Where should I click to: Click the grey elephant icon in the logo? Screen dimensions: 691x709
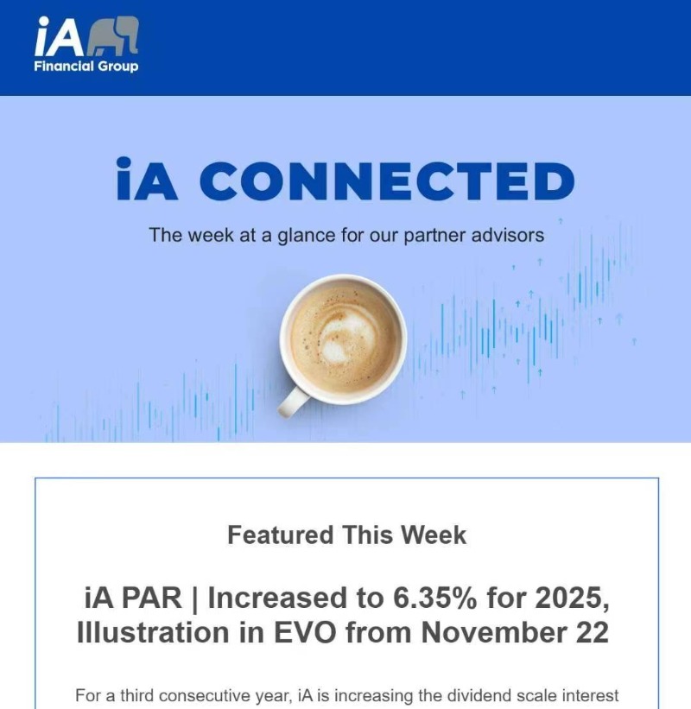pyautogui.click(x=112, y=36)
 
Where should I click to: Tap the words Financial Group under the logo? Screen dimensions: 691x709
pyautogui.click(x=86, y=66)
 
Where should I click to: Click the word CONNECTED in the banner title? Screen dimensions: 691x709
pyautogui.click(x=387, y=180)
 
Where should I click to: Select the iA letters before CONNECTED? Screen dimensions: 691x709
pyautogui.click(x=147, y=179)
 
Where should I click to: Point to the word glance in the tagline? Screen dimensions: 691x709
pyautogui.click(x=307, y=236)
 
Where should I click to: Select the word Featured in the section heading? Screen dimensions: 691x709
pyautogui.click(x=281, y=535)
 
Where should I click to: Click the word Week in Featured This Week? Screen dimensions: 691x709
pyautogui.click(x=434, y=535)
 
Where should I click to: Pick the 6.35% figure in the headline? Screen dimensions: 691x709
pyautogui.click(x=434, y=598)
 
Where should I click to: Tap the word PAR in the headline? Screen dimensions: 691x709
pyautogui.click(x=152, y=598)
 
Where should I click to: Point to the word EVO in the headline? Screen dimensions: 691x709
pyautogui.click(x=305, y=632)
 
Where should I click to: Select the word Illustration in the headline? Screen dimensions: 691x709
pyautogui.click(x=153, y=632)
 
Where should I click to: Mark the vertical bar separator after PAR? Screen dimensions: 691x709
pyautogui.click(x=195, y=599)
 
